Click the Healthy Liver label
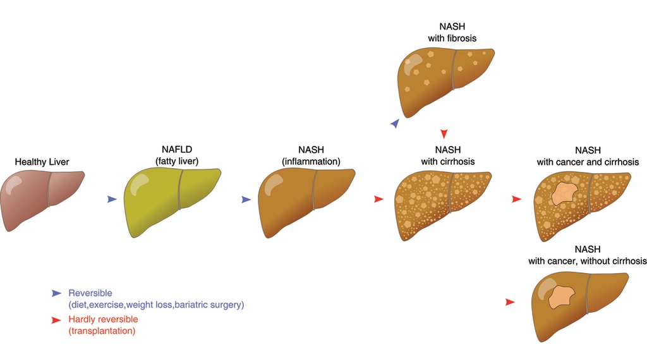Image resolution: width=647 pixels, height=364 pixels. pos(42,162)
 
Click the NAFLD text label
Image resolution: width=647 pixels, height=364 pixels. pos(176,150)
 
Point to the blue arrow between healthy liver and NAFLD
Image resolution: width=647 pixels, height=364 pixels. pos(112,199)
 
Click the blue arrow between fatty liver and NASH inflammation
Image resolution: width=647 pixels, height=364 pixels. pos(246,199)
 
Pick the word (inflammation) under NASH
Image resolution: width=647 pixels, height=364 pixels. pos(311,161)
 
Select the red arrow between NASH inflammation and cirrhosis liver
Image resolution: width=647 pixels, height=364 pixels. pos(378,199)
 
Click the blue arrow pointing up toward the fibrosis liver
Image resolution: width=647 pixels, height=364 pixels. pos(395,124)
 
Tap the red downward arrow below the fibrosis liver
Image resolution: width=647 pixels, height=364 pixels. pos(444,133)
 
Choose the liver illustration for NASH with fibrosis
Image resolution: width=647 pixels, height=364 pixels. pos(445,79)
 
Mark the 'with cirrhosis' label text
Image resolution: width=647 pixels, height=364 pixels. pos(448,161)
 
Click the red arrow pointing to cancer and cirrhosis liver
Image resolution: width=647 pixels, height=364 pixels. pos(516,199)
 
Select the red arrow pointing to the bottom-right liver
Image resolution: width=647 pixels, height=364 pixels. pos(510,303)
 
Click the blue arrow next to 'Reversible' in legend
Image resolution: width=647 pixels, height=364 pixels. pos(57,293)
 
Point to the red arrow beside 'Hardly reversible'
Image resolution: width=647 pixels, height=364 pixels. pos(57,320)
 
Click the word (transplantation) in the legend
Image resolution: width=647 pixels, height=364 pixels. pos(102,331)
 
